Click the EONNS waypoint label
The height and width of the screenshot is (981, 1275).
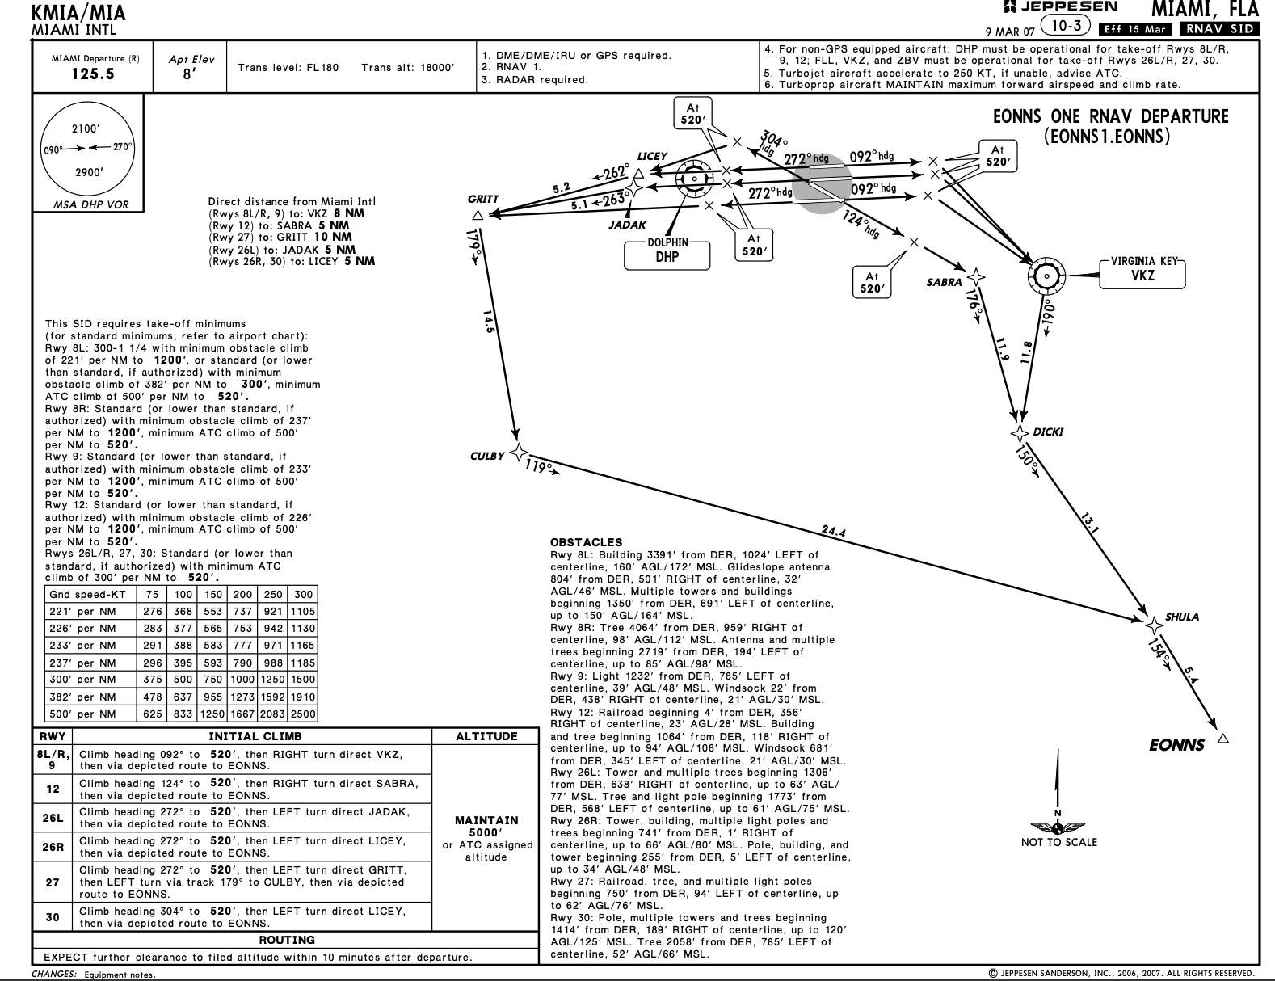(1176, 745)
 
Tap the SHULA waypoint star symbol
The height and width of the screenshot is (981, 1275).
(1154, 624)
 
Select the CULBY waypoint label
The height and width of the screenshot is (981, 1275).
(486, 456)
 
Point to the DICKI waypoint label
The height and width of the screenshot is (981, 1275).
(1048, 432)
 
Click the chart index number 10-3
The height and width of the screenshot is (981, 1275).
(1067, 27)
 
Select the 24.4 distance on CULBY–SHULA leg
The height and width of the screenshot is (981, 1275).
(833, 531)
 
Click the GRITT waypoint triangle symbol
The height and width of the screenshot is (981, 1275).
(478, 215)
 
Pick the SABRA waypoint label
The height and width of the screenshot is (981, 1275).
(944, 283)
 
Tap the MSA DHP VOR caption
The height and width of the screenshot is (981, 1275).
(90, 204)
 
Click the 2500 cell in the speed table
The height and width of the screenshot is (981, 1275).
(303, 714)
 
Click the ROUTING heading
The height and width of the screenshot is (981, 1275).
(287, 940)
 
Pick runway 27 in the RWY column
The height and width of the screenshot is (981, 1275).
(53, 882)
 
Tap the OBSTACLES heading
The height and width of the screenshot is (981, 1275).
(587, 542)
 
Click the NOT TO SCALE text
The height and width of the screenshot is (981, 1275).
(1058, 842)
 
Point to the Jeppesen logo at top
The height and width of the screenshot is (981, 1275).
(1060, 7)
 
